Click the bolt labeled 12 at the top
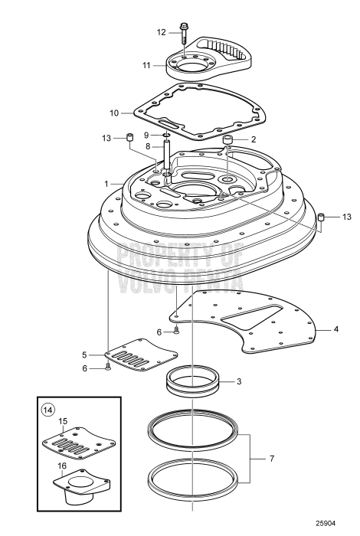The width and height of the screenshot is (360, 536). [184, 33]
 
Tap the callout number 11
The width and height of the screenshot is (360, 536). [146, 65]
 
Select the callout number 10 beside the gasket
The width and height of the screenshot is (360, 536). [114, 113]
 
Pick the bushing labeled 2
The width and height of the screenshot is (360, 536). [227, 139]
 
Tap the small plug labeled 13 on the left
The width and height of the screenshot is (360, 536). [129, 137]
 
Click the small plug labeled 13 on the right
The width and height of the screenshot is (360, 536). [321, 217]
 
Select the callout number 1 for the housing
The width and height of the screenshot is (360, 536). [106, 184]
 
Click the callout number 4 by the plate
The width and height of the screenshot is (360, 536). [336, 329]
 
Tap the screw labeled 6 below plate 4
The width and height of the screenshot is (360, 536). [176, 330]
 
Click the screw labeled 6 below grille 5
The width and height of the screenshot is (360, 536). [108, 367]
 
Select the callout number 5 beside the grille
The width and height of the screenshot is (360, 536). [84, 355]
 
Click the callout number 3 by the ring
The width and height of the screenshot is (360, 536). [239, 381]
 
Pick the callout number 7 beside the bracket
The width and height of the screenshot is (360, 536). [272, 459]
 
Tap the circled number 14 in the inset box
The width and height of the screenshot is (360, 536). [47, 410]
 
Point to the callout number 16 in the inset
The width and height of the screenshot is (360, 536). [62, 466]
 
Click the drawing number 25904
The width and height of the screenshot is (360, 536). [326, 523]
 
